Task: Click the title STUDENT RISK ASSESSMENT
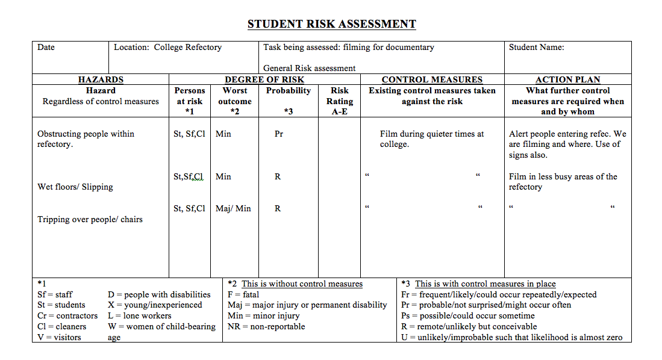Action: (x=331, y=24)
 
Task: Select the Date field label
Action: (x=46, y=48)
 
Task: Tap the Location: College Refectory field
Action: (x=167, y=48)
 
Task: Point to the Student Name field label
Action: (x=536, y=48)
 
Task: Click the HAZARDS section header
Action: (x=101, y=79)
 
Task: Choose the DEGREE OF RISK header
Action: (x=264, y=79)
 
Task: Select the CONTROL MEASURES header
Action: (x=432, y=79)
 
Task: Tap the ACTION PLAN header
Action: (x=567, y=79)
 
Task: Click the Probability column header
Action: (x=289, y=91)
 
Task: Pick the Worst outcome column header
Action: (x=235, y=96)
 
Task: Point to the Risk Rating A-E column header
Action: (x=340, y=101)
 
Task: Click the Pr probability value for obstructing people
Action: (x=279, y=134)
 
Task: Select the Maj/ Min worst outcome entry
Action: (x=233, y=209)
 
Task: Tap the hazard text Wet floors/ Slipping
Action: (x=75, y=187)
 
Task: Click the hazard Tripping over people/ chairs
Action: (x=90, y=220)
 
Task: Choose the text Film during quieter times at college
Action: (x=431, y=139)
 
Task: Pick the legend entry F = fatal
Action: (x=243, y=295)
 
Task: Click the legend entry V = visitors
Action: (x=59, y=338)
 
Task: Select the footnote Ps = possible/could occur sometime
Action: (x=467, y=316)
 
